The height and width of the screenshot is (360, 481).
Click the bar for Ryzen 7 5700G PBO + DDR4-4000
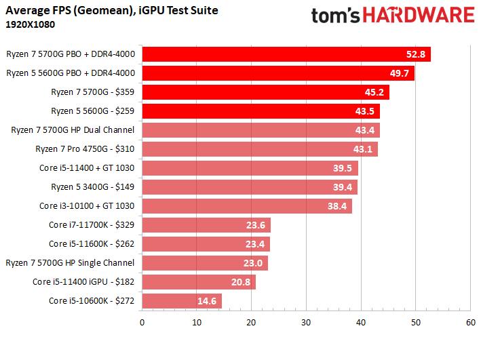(x=286, y=54)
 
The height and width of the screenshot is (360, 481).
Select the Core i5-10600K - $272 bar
(x=181, y=300)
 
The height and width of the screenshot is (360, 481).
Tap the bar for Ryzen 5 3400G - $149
(x=249, y=187)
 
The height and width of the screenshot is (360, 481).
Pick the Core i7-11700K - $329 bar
(x=206, y=225)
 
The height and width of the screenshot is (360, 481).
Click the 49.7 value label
(x=398, y=73)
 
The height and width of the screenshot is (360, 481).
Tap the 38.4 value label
(x=336, y=206)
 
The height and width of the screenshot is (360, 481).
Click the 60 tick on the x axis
(x=469, y=323)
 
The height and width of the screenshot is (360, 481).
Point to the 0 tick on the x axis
(x=142, y=323)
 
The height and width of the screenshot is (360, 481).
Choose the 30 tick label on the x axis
(x=306, y=323)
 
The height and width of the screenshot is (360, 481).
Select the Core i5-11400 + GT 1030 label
(x=87, y=167)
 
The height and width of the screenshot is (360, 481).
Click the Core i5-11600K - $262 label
(x=92, y=243)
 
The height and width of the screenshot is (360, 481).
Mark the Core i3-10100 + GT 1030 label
(x=87, y=205)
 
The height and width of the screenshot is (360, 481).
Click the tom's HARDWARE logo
(x=391, y=16)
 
